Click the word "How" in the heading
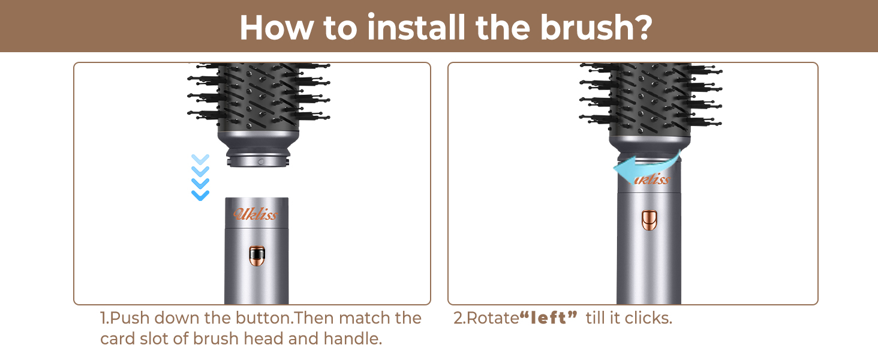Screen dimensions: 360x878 tap(273, 27)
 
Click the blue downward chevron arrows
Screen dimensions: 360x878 tap(200, 177)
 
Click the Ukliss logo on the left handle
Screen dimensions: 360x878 tap(256, 214)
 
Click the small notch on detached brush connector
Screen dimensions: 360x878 tap(260, 162)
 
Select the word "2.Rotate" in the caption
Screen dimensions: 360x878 tap(486, 318)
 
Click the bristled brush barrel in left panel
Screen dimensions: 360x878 tap(258, 99)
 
